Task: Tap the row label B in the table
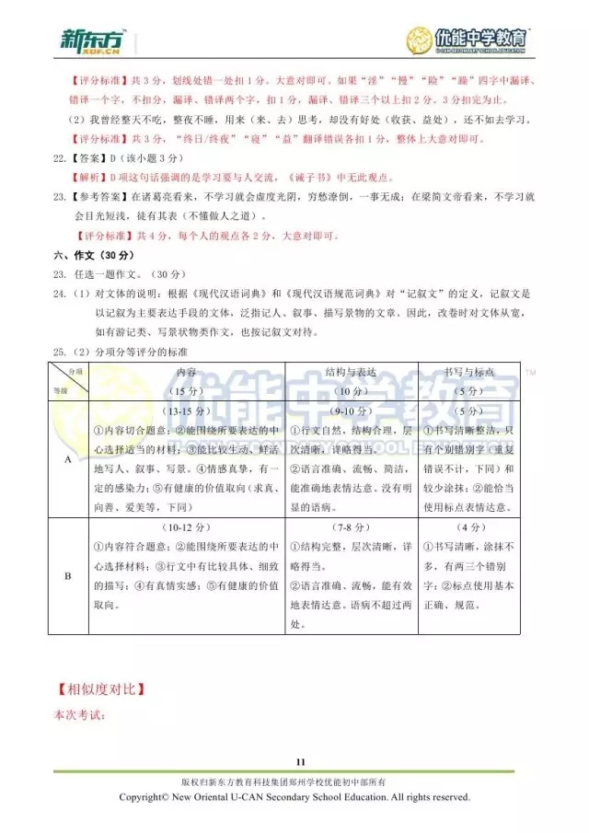pyautogui.click(x=66, y=576)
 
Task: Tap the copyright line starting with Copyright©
pyautogui.click(x=294, y=797)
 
